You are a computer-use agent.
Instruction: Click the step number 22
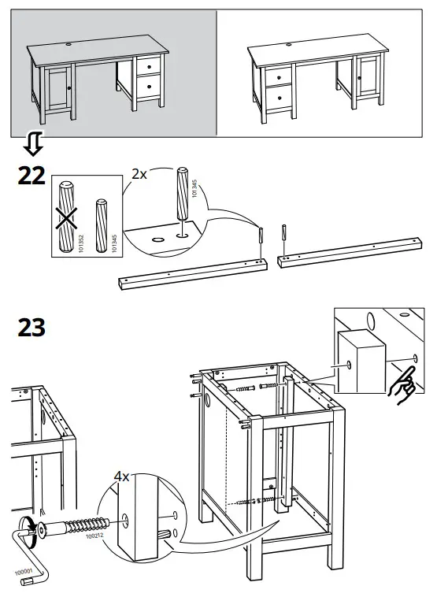31,176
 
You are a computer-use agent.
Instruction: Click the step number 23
31,328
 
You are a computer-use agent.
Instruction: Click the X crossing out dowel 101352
66,218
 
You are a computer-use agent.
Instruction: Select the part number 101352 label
80,243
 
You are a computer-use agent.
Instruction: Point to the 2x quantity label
139,174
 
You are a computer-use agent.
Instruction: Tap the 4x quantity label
122,476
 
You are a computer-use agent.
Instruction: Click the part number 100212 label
94,536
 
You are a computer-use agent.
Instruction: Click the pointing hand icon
402,385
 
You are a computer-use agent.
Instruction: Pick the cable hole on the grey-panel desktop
69,45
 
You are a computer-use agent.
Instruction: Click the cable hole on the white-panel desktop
288,44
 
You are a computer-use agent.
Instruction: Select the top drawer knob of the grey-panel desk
150,67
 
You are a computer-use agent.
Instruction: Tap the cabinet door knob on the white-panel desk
358,78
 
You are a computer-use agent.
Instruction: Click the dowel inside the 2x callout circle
183,195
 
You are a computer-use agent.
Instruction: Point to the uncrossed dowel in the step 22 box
101,225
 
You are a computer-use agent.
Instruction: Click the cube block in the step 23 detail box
361,362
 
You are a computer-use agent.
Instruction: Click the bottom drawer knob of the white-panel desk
279,98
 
